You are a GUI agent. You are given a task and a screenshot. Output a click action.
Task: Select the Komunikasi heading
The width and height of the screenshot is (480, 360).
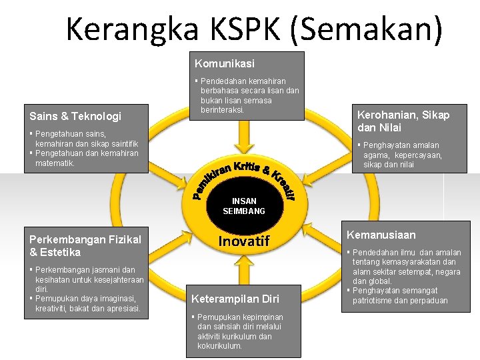coord(225,63)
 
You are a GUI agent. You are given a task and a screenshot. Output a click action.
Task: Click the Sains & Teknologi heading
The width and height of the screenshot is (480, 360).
coord(75,116)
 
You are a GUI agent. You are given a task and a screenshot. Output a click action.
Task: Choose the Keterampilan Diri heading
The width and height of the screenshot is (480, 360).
coord(235,298)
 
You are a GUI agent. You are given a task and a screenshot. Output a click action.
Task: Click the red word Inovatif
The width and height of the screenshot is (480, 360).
coord(245,241)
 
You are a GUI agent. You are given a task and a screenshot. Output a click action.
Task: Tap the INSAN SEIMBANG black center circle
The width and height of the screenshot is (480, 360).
coord(244,206)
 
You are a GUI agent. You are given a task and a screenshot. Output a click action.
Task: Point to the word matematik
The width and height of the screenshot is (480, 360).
coord(55,163)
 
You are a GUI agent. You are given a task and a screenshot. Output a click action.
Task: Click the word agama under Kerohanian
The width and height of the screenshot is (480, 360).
coord(377,155)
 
